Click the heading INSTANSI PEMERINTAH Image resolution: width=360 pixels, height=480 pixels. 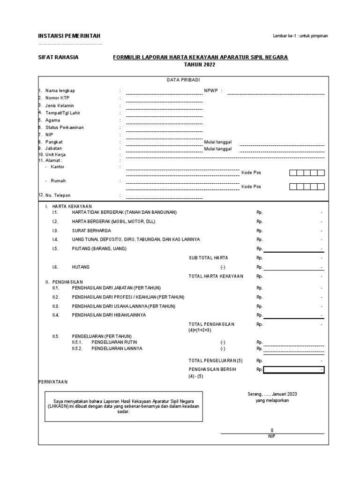[69, 37]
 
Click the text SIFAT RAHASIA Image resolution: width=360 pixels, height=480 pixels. [58, 57]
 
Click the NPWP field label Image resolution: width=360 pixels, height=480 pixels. [213, 91]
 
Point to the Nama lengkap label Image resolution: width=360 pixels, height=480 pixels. [60, 90]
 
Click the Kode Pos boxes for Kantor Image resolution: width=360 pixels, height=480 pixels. [307, 172]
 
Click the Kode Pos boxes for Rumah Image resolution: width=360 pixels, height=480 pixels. [307, 187]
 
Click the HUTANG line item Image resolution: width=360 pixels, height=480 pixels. [80, 267]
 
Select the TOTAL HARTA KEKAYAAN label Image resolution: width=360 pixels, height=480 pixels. [216, 276]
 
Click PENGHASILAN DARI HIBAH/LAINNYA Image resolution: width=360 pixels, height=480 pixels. [109, 315]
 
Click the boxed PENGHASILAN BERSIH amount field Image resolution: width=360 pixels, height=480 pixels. [293, 370]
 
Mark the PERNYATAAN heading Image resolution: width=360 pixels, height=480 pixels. [53, 382]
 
